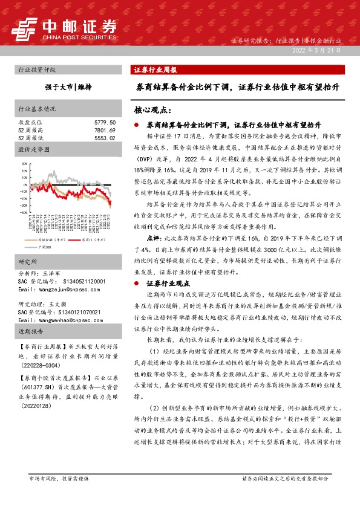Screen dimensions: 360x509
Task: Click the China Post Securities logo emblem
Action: (25, 28)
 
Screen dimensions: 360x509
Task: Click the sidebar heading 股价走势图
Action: (31, 148)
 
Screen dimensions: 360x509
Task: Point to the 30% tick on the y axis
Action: (24, 163)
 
